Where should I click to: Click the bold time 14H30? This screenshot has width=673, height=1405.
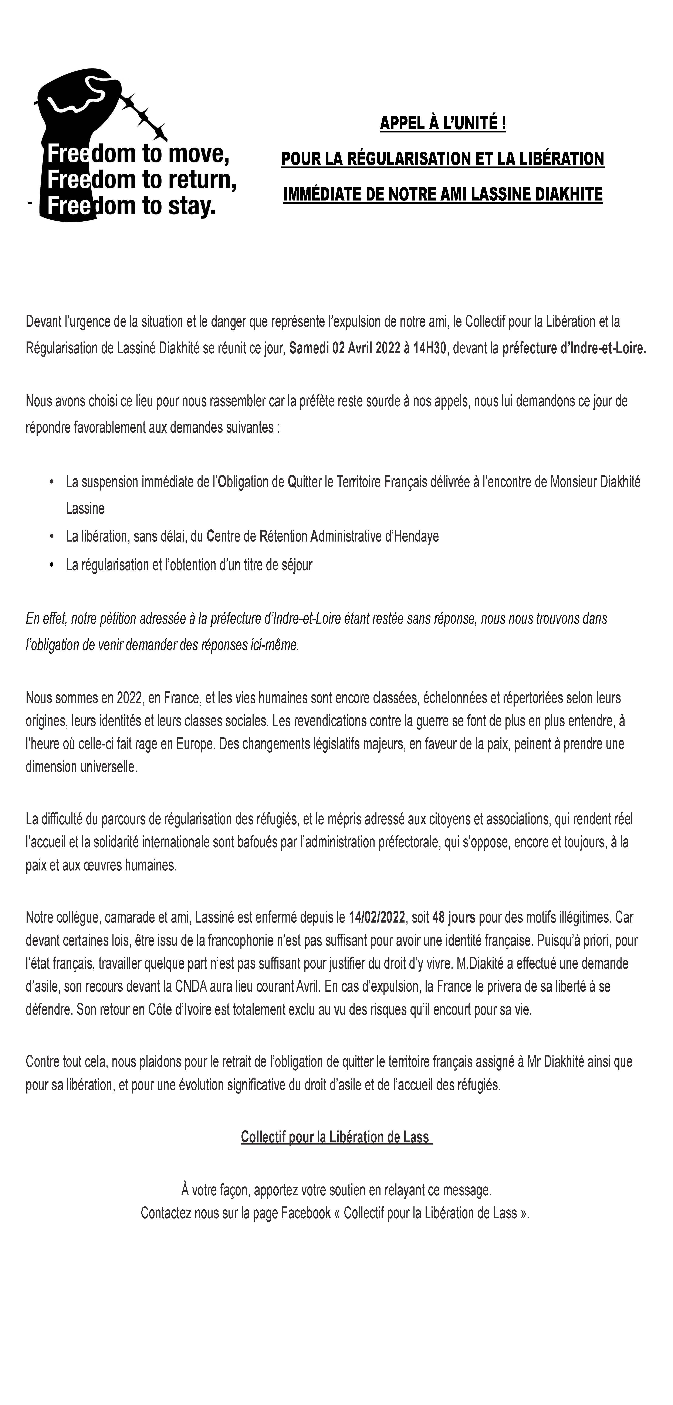click(430, 348)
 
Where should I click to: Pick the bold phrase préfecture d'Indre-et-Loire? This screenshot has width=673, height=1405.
click(574, 348)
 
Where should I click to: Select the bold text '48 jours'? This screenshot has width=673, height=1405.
click(454, 917)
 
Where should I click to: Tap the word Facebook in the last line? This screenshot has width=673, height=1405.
click(306, 1213)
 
